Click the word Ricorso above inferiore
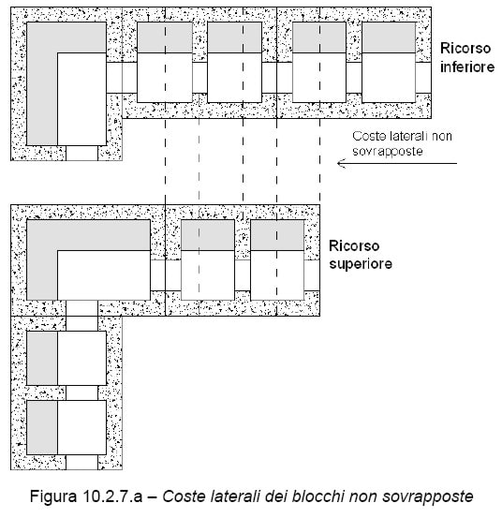point(465,49)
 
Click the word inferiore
point(467,67)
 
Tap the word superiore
point(361,264)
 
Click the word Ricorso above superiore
point(354,246)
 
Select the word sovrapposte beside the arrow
point(388,152)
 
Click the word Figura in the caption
point(52,496)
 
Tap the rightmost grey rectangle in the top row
point(389,37)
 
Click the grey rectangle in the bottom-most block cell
point(42,427)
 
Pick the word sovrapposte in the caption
point(427,496)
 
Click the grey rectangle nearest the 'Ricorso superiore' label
point(277,235)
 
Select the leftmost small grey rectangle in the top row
point(165,37)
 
